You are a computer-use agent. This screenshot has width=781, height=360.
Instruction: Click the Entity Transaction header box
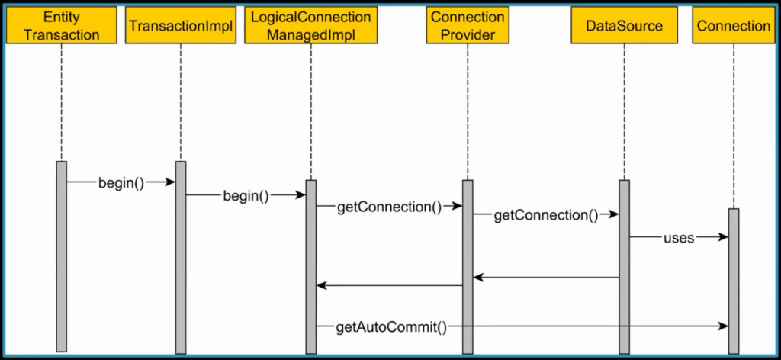pos(61,25)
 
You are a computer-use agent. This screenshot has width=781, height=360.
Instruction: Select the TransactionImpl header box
pos(180,25)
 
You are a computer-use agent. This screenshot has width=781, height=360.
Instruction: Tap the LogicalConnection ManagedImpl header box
pos(311,25)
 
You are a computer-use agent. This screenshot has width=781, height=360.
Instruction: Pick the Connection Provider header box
pos(468,25)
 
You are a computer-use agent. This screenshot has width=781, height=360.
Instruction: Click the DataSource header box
pos(624,25)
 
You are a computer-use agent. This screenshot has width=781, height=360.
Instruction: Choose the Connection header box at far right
pos(733,25)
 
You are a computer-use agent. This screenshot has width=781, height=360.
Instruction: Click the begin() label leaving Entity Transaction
pos(121,182)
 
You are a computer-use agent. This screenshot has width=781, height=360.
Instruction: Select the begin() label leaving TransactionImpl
pos(246,195)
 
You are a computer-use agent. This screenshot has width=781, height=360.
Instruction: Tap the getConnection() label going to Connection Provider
pos(389,206)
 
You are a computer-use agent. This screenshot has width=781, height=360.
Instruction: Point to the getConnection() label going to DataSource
pos(545,215)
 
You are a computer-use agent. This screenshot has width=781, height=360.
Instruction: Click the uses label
pos(678,237)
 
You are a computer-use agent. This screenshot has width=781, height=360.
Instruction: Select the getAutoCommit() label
pos(390,326)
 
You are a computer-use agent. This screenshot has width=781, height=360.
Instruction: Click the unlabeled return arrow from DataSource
pos(545,278)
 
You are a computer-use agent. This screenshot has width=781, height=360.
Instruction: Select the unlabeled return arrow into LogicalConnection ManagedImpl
pos(389,286)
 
